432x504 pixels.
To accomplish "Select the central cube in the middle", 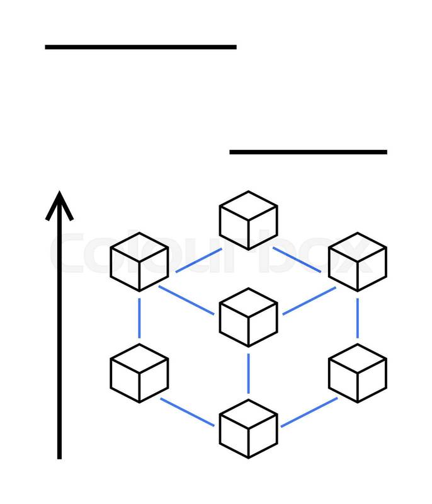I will (248, 318).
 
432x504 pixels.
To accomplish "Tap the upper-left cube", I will (139, 262).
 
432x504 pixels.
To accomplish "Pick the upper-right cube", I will (358, 262).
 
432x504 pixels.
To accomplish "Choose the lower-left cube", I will (139, 373).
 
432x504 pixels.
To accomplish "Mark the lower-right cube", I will (358, 373).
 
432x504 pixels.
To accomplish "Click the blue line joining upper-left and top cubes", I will (198, 261).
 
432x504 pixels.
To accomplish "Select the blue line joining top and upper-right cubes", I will (298, 261).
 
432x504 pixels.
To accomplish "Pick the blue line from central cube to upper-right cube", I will (309, 301).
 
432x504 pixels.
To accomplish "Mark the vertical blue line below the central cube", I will (248, 373).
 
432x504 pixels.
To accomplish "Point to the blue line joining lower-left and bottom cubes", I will (188, 412).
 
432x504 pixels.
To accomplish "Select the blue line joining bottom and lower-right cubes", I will (309, 412).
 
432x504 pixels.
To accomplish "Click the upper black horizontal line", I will (140, 47).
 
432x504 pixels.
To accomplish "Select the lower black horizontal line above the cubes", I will (308, 152).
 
